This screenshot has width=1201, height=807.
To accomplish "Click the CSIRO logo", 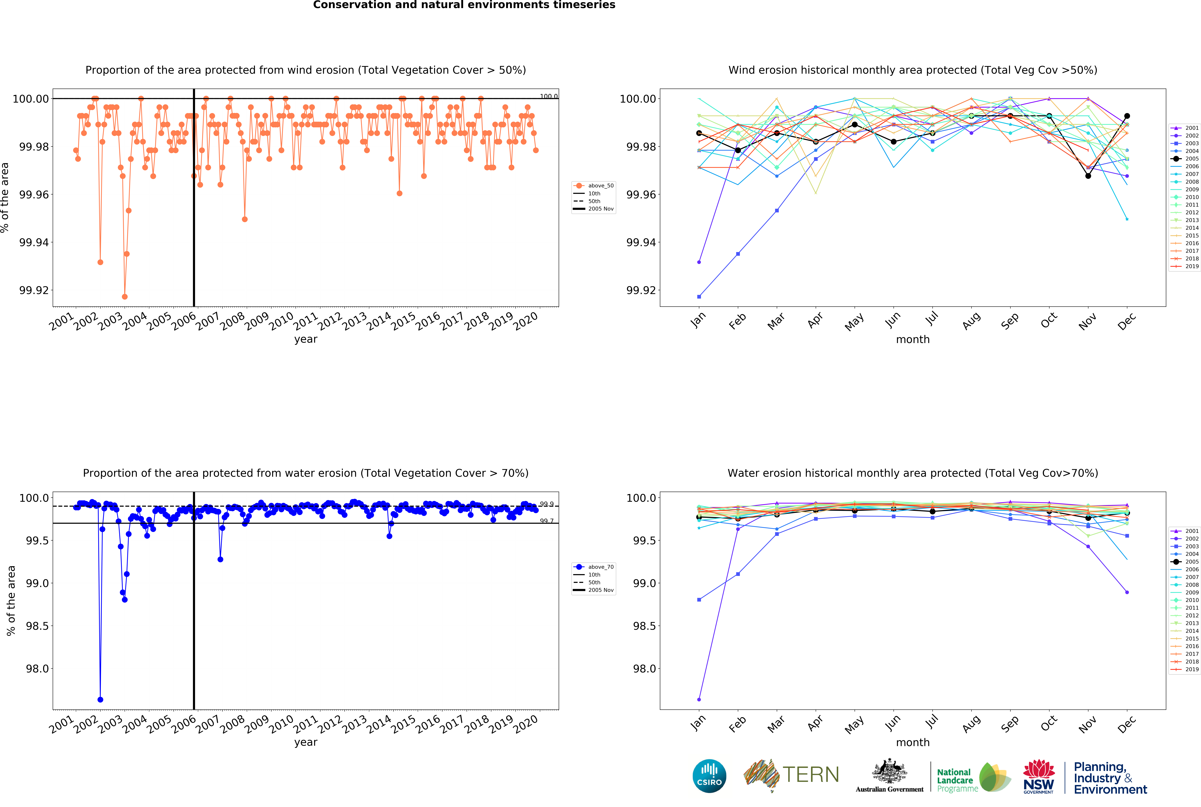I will coord(709,776).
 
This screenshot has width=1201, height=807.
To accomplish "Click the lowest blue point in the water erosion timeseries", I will coord(100,699).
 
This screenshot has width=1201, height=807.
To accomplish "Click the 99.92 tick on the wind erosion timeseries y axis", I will coord(34,290).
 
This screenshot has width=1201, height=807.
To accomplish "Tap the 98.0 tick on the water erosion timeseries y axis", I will coord(37,669).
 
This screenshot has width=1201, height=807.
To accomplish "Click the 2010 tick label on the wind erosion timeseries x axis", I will coord(281,322).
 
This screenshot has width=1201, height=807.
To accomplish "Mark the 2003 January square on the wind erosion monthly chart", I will coord(699,296).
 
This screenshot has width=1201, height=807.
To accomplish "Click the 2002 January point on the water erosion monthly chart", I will coord(699,699).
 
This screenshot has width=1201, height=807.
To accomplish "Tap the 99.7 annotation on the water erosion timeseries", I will coord(546,521).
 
